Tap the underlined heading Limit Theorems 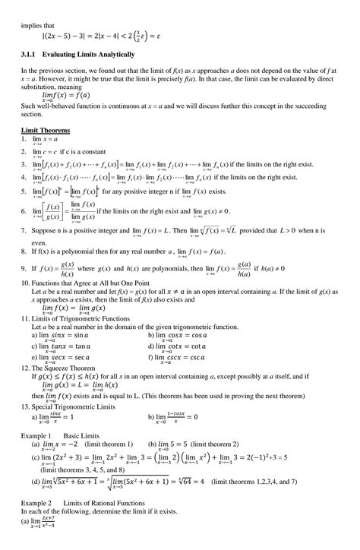46,130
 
